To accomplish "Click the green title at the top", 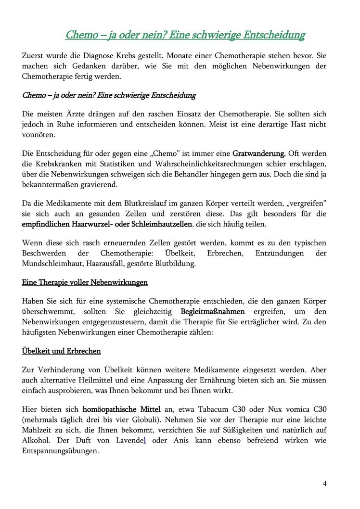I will click(x=185, y=35).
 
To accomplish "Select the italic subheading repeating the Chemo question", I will click(x=109, y=95).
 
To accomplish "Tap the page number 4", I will click(x=324, y=484).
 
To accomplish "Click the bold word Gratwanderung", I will click(x=259, y=153).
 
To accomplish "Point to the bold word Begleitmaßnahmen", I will click(x=212, y=311).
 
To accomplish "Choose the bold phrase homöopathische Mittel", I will click(x=122, y=409).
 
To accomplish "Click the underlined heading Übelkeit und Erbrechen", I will click(x=62, y=351).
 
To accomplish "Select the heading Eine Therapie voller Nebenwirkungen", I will click(x=85, y=282).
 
